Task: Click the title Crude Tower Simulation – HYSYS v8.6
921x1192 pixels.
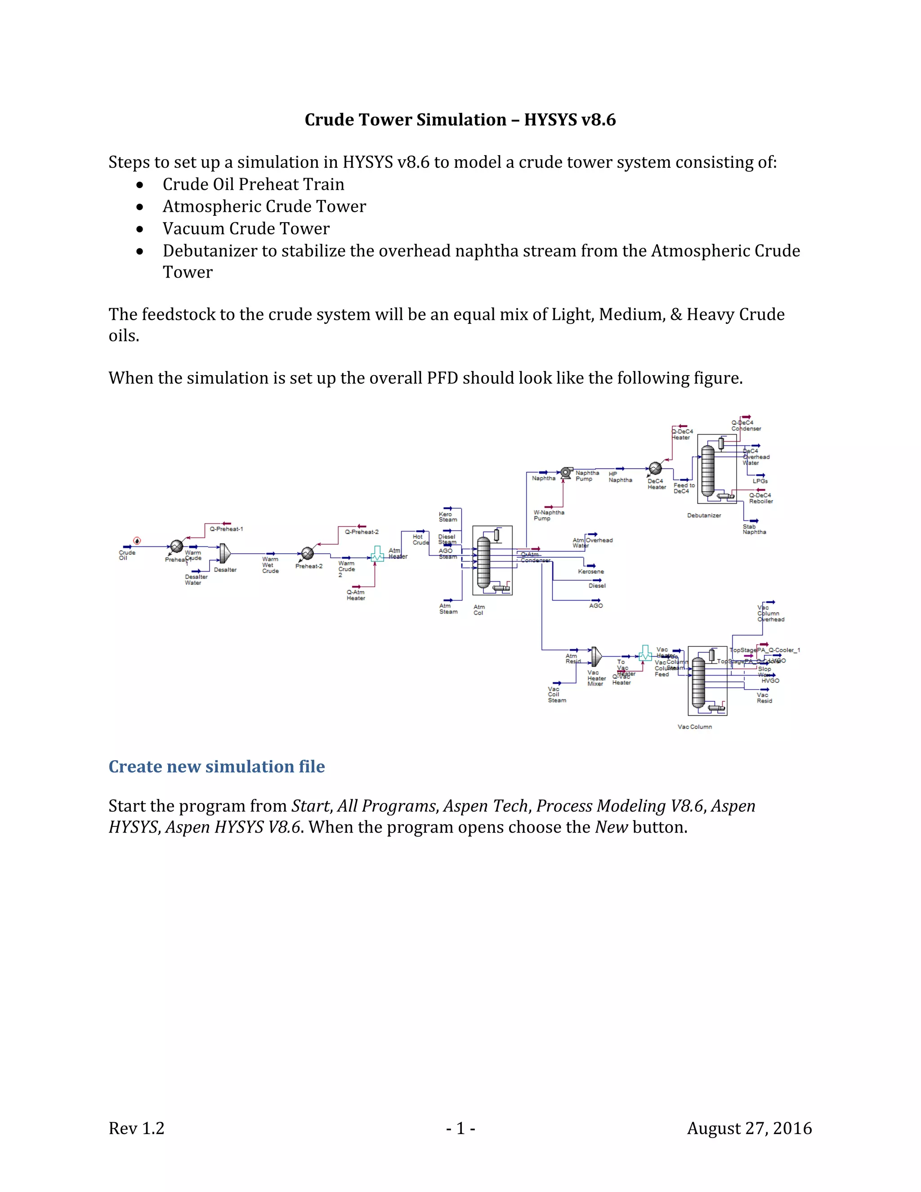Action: tap(460, 120)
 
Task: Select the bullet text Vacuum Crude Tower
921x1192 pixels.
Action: tap(246, 228)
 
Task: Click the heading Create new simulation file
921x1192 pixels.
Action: tap(217, 766)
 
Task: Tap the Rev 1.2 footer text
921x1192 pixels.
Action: tap(136, 1128)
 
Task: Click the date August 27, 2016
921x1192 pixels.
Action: tap(749, 1128)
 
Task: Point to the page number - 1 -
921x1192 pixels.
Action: tap(460, 1128)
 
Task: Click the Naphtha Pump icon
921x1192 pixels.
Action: tap(566, 471)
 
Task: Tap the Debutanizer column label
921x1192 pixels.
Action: tap(704, 515)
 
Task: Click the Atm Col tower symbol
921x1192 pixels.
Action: tap(484, 561)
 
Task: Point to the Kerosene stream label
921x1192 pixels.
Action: tap(591, 571)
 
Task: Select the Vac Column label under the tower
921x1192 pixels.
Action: tap(694, 726)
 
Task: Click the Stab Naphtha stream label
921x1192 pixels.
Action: tap(754, 529)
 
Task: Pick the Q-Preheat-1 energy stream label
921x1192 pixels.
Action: tap(227, 529)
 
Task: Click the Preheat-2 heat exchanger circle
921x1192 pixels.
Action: tap(307, 553)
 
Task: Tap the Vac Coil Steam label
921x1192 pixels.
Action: tap(557, 694)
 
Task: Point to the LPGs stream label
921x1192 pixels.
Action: tap(760, 481)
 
